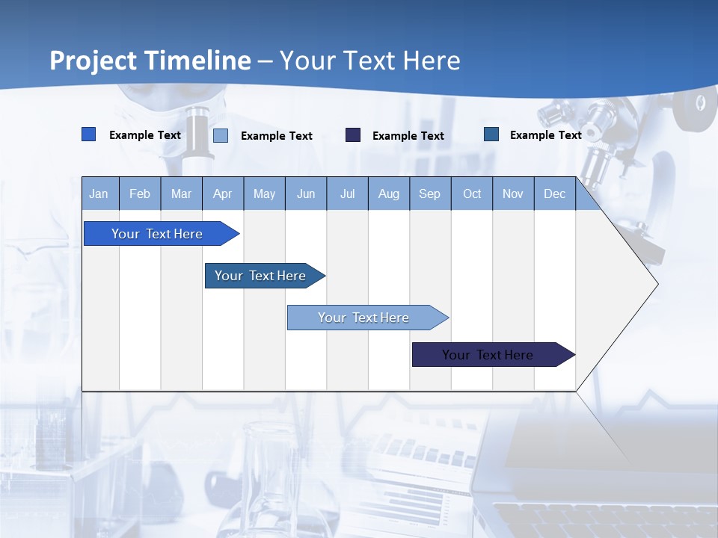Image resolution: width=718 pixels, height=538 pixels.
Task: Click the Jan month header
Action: (99, 194)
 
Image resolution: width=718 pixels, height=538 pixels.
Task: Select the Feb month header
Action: (140, 194)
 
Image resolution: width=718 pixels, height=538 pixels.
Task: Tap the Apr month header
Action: (222, 194)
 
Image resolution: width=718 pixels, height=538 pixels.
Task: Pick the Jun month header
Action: (306, 194)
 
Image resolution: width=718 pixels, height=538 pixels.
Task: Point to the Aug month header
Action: (388, 194)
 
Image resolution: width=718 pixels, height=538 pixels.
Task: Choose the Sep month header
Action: (429, 194)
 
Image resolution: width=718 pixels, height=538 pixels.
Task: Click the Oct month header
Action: (472, 194)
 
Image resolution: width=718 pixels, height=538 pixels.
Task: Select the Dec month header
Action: (554, 194)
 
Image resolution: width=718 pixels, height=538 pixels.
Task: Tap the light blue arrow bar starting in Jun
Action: (364, 318)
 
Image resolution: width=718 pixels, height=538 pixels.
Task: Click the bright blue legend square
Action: (89, 134)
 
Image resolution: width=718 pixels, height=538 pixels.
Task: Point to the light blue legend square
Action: (221, 135)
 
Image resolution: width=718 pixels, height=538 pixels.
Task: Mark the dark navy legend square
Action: (353, 135)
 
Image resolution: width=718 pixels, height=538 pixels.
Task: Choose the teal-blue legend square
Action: (491, 134)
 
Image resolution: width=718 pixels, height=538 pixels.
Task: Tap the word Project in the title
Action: (93, 61)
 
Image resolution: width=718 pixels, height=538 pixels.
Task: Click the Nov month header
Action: (513, 194)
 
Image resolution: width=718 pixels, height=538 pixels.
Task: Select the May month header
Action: (264, 194)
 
